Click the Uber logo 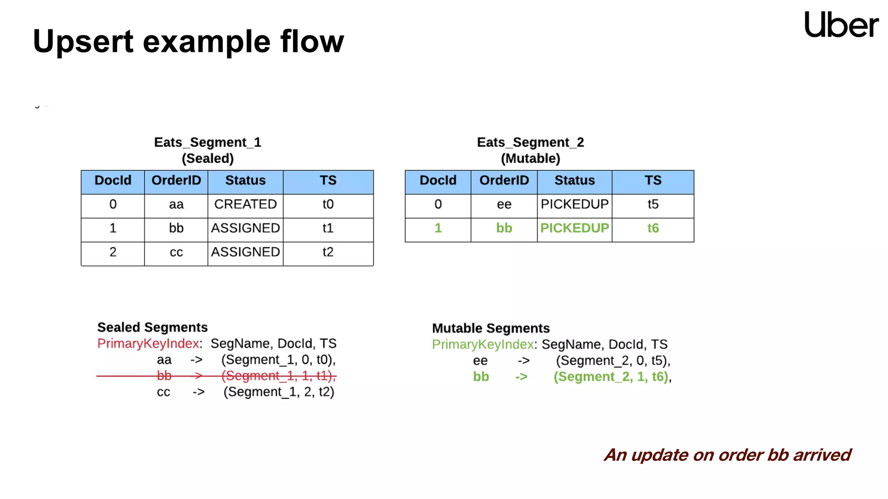click(841, 25)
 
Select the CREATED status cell click(245, 204)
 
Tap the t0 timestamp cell click(328, 204)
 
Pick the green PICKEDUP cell click(575, 228)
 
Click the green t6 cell click(653, 228)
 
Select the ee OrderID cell click(504, 204)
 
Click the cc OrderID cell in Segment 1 click(176, 252)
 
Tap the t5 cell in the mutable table click(653, 204)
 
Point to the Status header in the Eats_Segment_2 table click(575, 181)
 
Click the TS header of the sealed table click(328, 181)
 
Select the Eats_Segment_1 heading click(208, 143)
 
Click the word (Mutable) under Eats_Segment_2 click(530, 159)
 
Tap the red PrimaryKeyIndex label click(148, 343)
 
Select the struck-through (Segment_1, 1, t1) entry click(278, 376)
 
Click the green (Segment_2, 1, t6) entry click(611, 377)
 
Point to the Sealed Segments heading click(152, 327)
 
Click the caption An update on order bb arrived click(727, 455)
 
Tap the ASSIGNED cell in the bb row click(245, 228)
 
